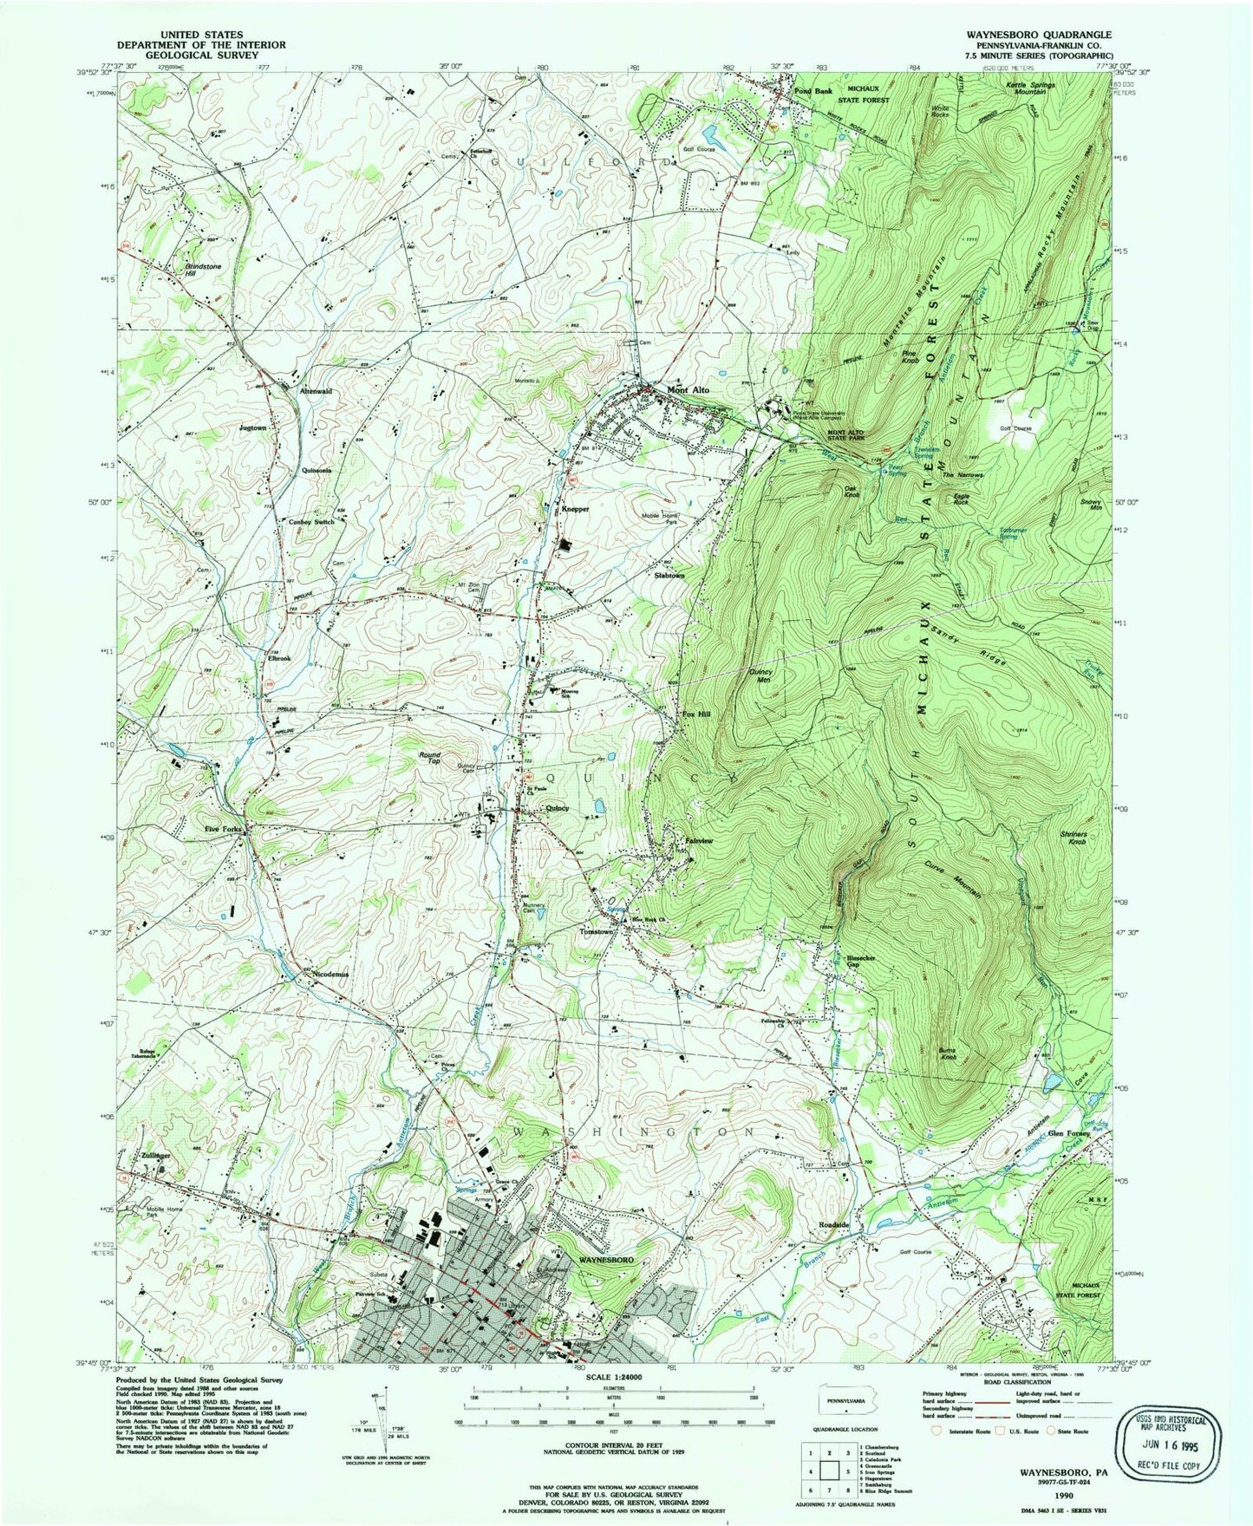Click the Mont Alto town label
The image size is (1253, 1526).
(689, 390)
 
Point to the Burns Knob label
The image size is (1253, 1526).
(947, 1054)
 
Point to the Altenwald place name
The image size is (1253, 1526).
(316, 391)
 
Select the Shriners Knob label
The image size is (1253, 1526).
(1074, 838)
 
